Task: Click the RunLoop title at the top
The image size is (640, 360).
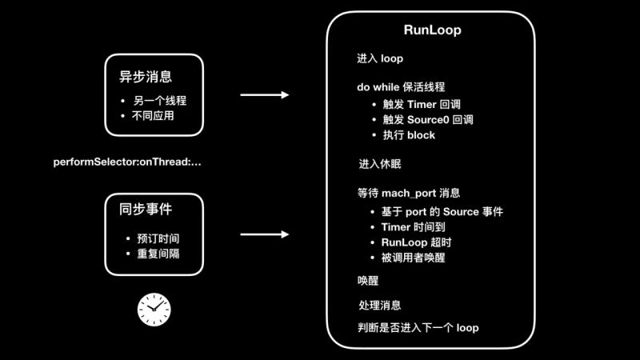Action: click(x=432, y=30)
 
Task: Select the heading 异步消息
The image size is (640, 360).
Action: click(x=146, y=77)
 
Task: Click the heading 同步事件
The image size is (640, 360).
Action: click(x=146, y=210)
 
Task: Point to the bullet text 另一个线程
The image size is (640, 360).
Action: click(x=158, y=101)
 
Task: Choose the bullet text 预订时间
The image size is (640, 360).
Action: click(x=158, y=239)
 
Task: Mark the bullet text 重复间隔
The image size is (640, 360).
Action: click(x=158, y=254)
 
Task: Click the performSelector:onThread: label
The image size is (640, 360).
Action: click(x=128, y=162)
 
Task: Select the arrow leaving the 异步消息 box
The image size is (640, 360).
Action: click(x=264, y=95)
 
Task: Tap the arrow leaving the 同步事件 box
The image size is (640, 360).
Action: click(x=264, y=235)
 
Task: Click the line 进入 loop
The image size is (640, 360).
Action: click(x=380, y=58)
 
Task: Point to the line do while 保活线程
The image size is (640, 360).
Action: click(x=401, y=86)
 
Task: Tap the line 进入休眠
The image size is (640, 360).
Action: click(x=380, y=164)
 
